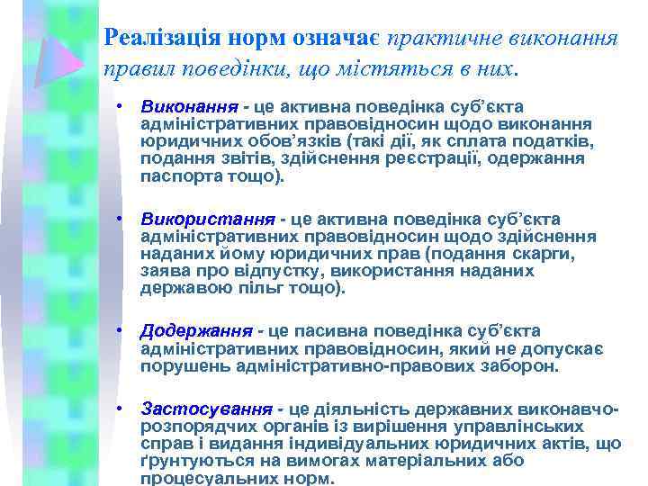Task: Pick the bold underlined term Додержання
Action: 197,332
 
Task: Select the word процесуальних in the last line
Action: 201,479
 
